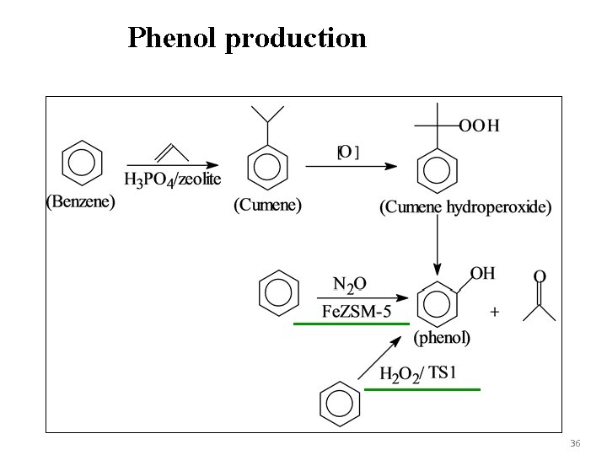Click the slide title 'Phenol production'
point(247,38)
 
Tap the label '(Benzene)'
point(80,202)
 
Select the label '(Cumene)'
point(267,205)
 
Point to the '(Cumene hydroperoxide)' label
point(465,206)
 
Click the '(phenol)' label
point(442,338)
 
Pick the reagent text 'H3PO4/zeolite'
point(173,179)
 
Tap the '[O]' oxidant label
point(348,153)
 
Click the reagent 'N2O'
point(349,284)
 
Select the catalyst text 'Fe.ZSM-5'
point(357,311)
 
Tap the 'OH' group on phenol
point(482,274)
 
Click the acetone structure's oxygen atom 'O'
point(540,276)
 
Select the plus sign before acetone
point(494,312)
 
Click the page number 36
point(575,443)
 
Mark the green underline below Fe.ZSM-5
point(351,323)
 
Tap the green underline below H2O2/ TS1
point(422,389)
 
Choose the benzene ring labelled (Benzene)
point(83,163)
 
